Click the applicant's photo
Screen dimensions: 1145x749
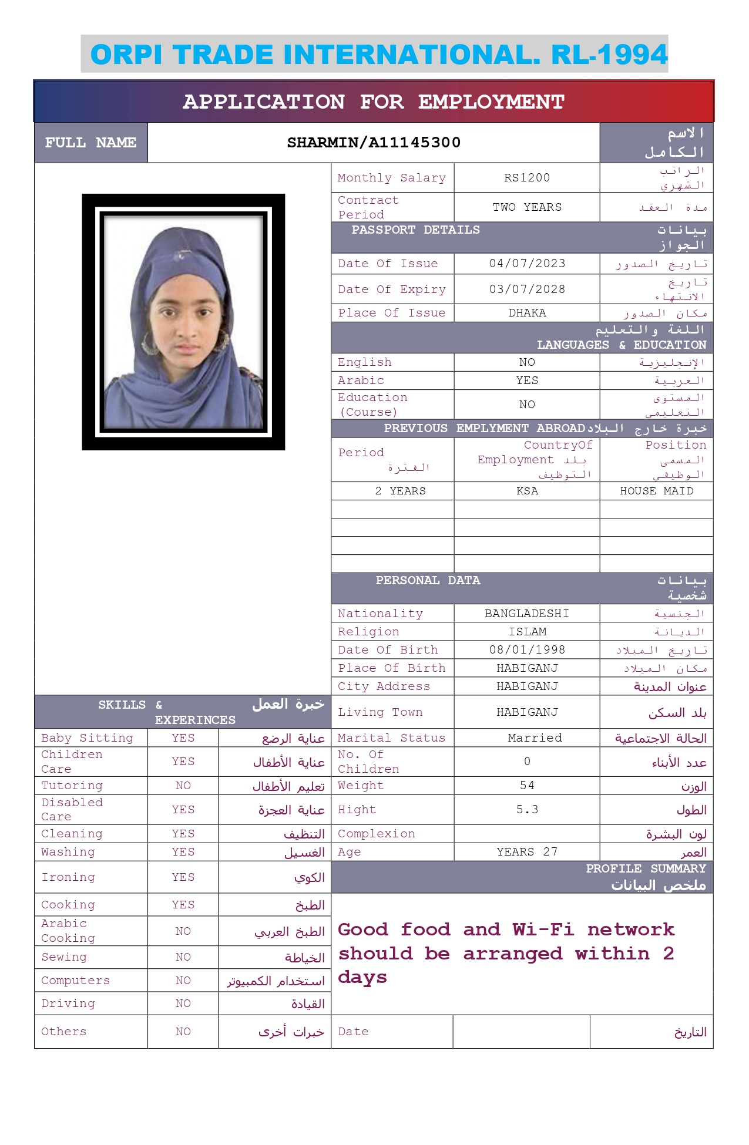[183, 322]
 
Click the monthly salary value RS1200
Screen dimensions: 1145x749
[527, 178]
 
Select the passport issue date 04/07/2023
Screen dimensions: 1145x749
[527, 264]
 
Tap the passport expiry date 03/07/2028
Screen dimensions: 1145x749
[527, 289]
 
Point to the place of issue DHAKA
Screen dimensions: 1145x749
[527, 313]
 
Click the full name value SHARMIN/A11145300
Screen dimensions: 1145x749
[374, 143]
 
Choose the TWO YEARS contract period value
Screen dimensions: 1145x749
[527, 207]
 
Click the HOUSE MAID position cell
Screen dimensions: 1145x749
[656, 491]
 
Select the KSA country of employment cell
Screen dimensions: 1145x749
[527, 491]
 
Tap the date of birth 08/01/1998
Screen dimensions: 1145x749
[527, 650]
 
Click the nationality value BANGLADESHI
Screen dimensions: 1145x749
[527, 614]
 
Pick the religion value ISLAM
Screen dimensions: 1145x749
[527, 632]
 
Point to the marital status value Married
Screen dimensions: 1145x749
[535, 738]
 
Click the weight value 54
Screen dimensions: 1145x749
[527, 786]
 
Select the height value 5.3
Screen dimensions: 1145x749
[527, 810]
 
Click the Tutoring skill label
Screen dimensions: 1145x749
[72, 786]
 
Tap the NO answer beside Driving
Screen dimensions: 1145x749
[183, 1003]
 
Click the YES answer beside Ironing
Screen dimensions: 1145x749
[183, 877]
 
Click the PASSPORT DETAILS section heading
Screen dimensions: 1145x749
[415, 230]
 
